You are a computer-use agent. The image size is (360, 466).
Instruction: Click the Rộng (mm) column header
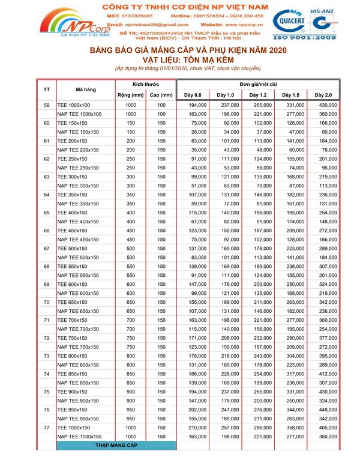[x=130, y=95]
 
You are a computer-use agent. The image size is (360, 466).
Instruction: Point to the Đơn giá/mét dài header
[x=259, y=85]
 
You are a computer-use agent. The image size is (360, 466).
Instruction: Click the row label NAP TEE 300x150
[x=78, y=186]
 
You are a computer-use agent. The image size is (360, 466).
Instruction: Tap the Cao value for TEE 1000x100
[x=161, y=105]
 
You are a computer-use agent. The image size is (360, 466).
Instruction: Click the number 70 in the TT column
[x=47, y=303]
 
